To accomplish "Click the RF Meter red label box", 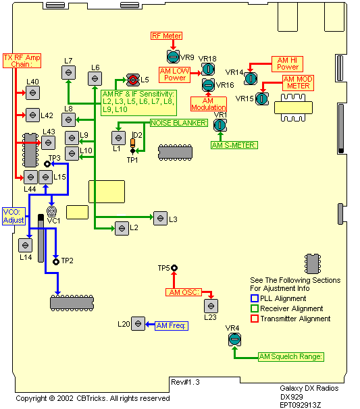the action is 166,36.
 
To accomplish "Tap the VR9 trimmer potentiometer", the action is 173,57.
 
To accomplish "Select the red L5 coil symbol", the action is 133,80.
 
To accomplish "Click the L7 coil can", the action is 69,72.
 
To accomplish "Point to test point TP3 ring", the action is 47,164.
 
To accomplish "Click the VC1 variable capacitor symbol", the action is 52,211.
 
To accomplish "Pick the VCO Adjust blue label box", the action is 14,216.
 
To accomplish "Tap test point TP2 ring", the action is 56,261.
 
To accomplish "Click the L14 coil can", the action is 25,245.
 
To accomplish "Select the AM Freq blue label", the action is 172,325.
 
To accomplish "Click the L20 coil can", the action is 138,324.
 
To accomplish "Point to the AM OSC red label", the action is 184,292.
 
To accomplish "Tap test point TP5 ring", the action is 174,268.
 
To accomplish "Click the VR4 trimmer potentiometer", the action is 234,339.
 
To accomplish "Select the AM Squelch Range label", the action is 291,356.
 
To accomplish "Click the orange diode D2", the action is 132,142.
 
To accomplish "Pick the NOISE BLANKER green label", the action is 179,123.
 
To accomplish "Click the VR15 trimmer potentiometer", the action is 262,99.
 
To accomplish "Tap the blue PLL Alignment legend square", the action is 255,298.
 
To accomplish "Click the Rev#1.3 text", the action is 185,382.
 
